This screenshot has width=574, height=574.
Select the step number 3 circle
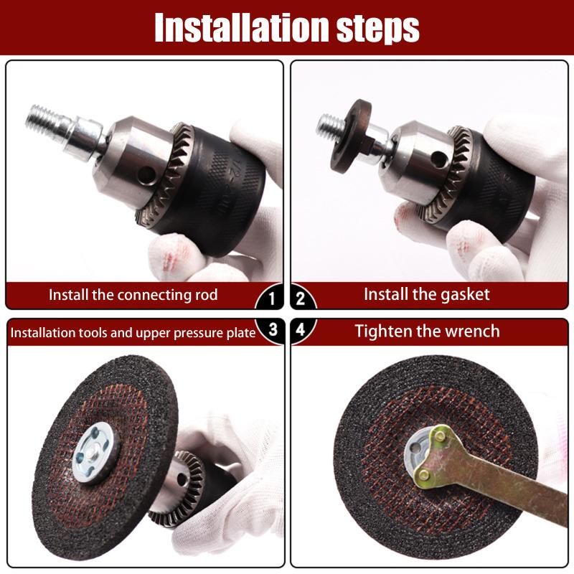coord(272,330)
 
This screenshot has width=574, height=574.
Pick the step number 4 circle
coord(302,330)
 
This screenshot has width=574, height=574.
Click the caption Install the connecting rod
coord(133,295)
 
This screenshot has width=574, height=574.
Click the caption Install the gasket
coord(426,294)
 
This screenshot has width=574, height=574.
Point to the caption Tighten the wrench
coord(428,331)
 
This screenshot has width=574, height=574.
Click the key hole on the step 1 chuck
coord(149,171)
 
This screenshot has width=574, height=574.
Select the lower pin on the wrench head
coord(424,474)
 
